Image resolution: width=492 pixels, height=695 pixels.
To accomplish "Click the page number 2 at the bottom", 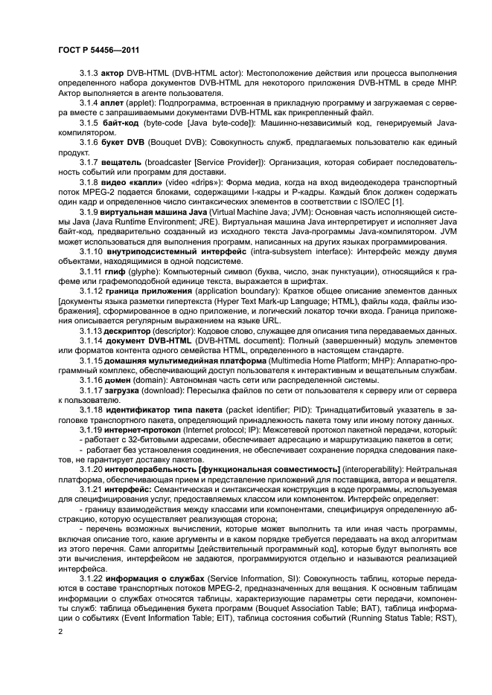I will click(x=60, y=631).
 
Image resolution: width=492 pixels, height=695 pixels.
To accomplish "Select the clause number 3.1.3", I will click(x=90, y=74).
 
